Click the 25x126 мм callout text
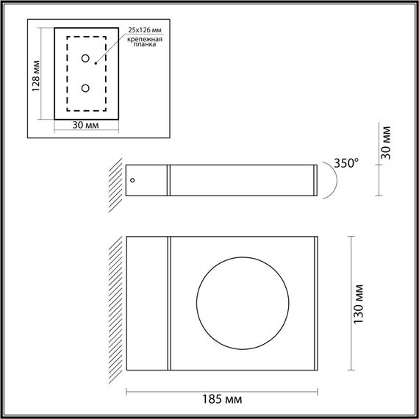[x=145, y=30]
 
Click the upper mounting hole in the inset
[x=86, y=59]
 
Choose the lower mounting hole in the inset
[x=86, y=88]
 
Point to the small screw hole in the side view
[x=133, y=179]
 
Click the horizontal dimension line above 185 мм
[x=221, y=389]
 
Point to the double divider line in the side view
[x=168, y=180]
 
